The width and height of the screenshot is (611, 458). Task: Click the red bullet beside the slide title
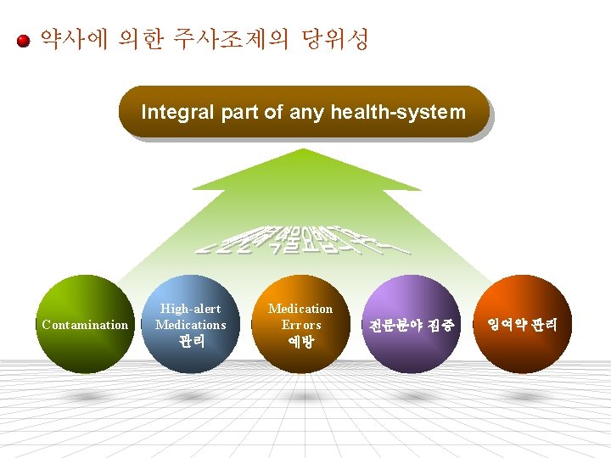[25, 40]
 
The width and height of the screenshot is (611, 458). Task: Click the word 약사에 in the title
[74, 39]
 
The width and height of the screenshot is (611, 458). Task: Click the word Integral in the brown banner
[172, 111]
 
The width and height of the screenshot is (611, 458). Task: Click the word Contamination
[85, 325]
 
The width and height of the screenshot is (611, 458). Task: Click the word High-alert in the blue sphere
[191, 309]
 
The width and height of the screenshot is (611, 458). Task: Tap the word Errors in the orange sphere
[300, 325]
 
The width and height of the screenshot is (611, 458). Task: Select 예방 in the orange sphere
[300, 341]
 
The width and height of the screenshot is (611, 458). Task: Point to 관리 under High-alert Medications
[191, 341]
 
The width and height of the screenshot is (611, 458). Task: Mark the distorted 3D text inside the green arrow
[303, 240]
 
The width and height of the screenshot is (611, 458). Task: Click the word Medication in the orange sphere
[300, 309]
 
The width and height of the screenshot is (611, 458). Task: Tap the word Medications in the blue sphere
[191, 325]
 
